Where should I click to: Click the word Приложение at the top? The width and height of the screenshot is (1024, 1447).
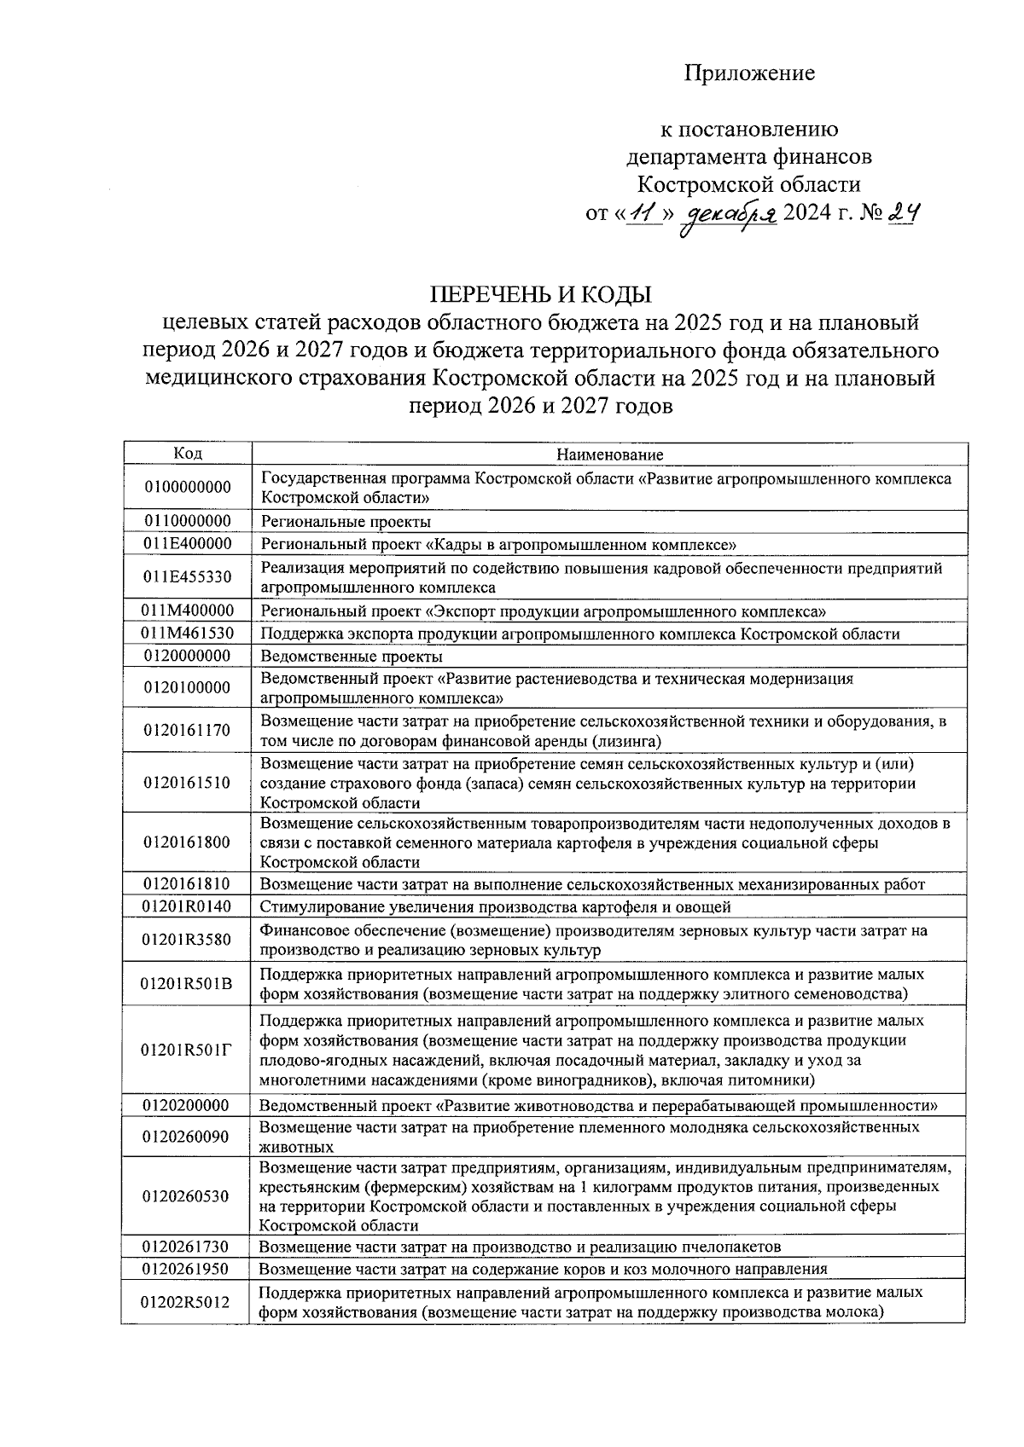point(749,73)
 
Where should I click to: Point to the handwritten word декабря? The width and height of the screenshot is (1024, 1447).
point(727,215)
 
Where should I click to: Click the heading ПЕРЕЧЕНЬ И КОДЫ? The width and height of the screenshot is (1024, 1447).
point(540,295)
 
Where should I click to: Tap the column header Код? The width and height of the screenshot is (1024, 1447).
point(188,454)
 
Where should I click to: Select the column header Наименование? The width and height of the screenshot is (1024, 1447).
point(609,454)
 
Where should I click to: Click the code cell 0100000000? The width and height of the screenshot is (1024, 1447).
point(188,488)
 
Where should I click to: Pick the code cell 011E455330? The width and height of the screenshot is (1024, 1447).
point(188,577)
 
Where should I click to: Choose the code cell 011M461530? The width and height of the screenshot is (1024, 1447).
point(188,634)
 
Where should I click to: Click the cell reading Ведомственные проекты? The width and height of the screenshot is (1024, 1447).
point(352,657)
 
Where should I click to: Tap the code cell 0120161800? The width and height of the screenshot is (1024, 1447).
point(188,842)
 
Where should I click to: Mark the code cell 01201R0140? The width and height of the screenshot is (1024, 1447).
point(188,906)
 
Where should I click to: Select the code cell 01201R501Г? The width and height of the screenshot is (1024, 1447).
point(188,1050)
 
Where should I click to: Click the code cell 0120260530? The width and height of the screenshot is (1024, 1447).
point(188,1196)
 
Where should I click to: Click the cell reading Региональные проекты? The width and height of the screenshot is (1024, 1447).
point(346,522)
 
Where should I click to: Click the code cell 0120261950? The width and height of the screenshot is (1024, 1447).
point(188,1269)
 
